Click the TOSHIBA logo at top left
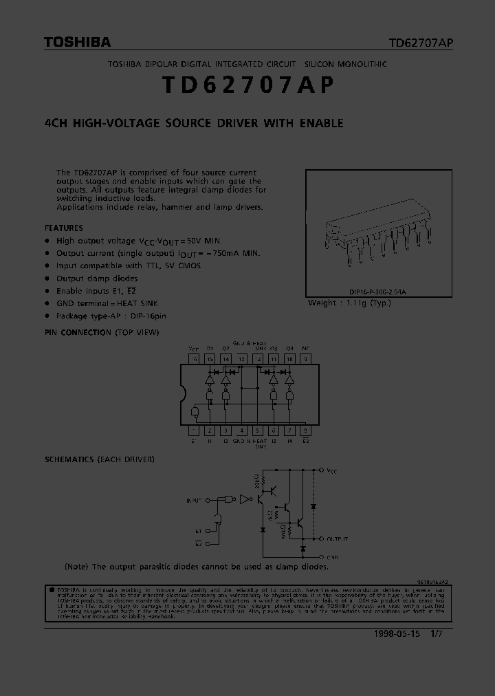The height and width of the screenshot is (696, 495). [77, 43]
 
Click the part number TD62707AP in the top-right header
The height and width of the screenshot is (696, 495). [421, 43]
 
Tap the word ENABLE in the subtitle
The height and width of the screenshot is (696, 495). [321, 124]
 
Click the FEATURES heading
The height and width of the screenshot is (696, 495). [64, 228]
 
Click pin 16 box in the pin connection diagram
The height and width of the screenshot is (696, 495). [194, 359]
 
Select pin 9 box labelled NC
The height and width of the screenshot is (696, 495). [305, 359]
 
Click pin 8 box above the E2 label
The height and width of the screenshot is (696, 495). [305, 431]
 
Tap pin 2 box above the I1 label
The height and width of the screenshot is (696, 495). [210, 431]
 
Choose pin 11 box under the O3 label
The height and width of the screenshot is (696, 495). [274, 359]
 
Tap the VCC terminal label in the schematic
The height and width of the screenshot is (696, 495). [332, 470]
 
